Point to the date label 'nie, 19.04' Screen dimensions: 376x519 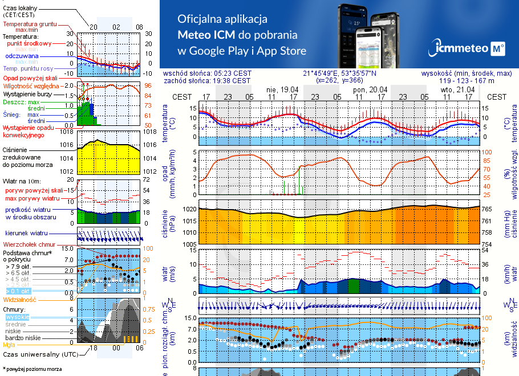point(282,89)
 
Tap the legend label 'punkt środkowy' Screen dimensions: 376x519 point(29,43)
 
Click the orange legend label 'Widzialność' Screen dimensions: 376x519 point(20,299)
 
